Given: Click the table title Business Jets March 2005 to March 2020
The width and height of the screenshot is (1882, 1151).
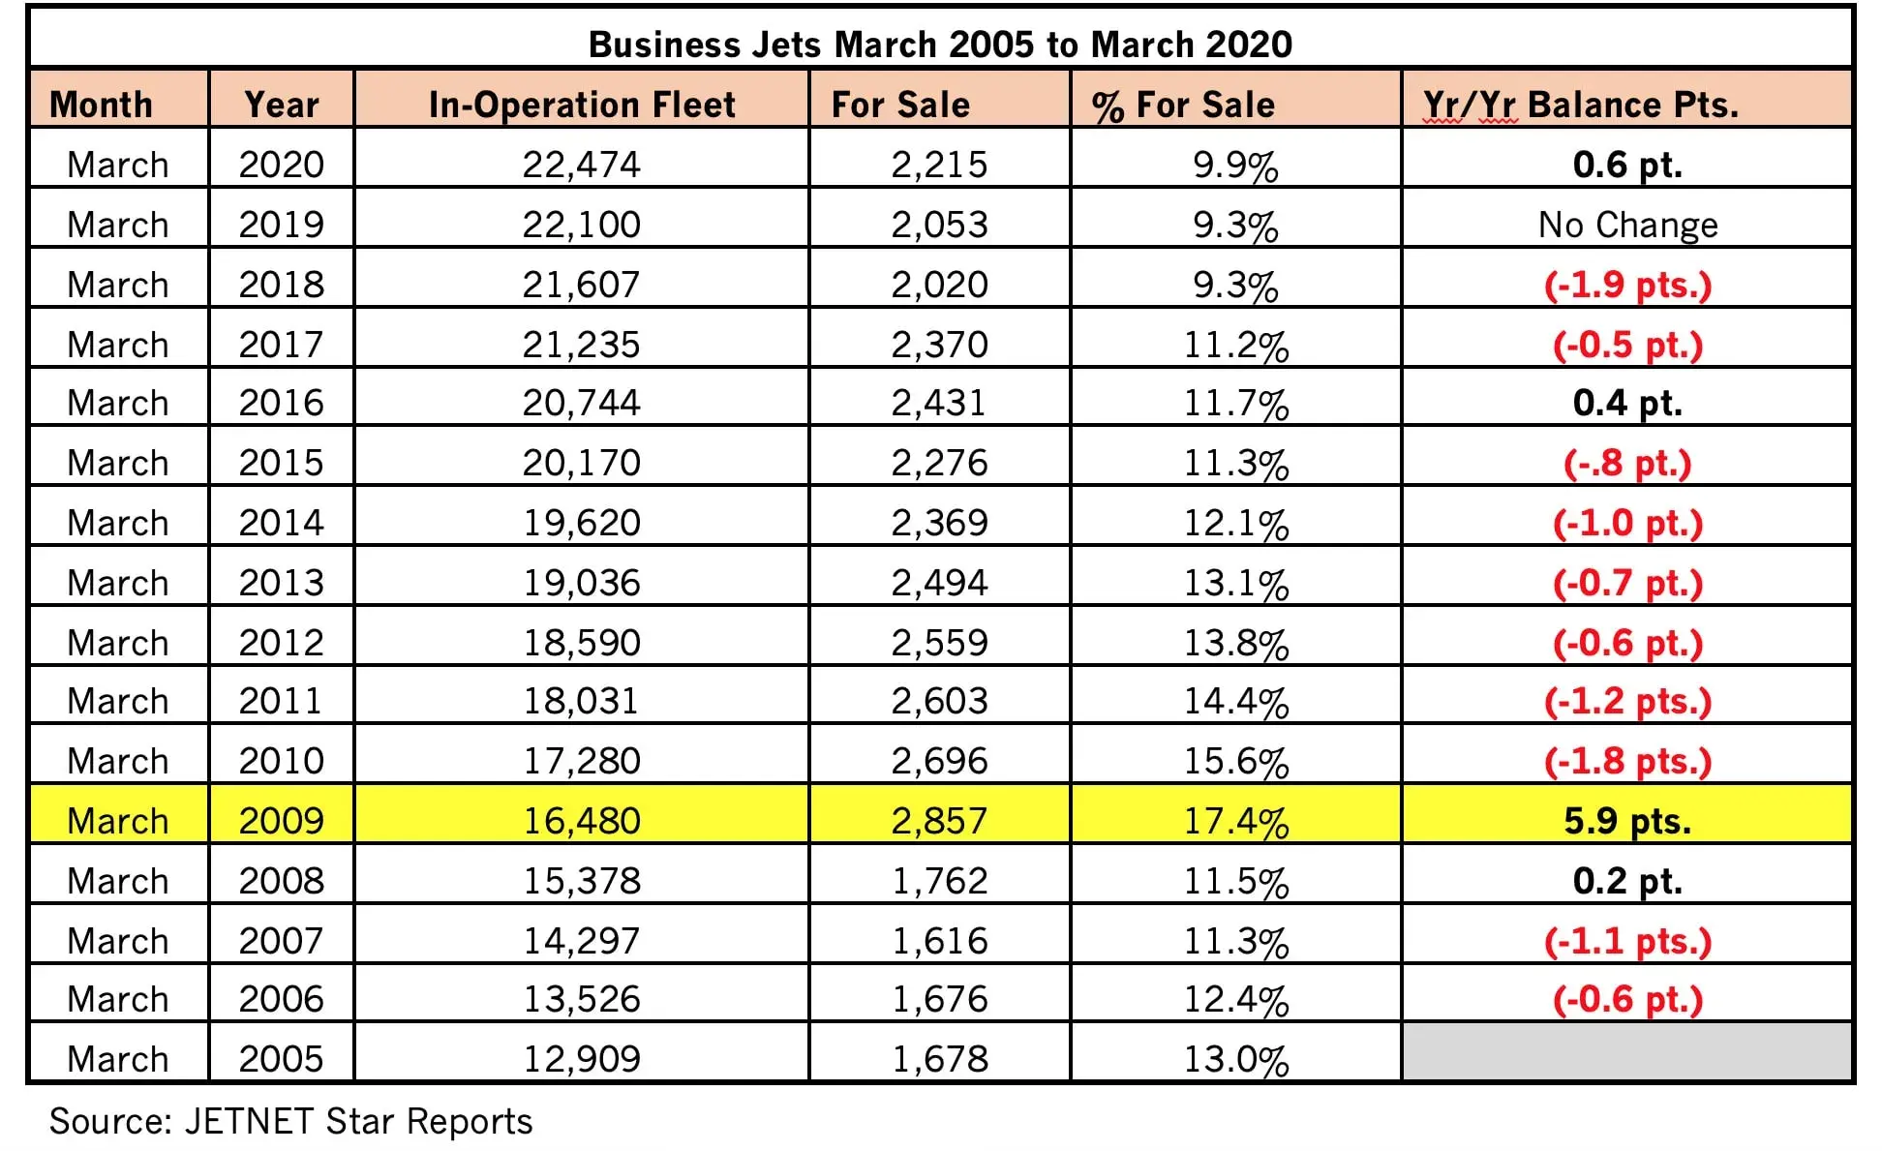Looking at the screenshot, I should coord(940,45).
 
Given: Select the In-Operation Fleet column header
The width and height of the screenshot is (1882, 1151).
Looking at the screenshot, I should coord(582,105).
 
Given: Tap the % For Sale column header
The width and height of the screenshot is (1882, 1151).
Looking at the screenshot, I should coord(1183,105).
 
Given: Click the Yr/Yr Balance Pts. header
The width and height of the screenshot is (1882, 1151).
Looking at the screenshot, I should coord(1580,105).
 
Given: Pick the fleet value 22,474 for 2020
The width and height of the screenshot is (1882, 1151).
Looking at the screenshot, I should coord(582,165).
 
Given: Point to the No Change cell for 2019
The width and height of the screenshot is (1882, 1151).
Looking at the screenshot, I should coord(1627,225).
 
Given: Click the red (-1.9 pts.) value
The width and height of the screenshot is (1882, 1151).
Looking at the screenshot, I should coord(1627,285).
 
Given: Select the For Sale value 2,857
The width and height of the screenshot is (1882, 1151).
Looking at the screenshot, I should coord(939,821).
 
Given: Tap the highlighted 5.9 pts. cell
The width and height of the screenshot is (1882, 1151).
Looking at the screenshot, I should coord(1627,821).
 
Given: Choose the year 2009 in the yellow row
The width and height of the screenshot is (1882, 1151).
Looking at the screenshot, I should coord(281,821).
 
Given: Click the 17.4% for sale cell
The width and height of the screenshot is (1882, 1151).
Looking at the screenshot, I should coord(1236,821).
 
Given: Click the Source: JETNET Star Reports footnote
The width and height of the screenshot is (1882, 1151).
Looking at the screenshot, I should coord(290,1121).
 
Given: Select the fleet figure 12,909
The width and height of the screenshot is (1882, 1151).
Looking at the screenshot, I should coord(582,1058).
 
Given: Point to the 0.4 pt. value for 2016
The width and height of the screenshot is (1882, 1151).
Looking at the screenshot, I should coord(1627,403).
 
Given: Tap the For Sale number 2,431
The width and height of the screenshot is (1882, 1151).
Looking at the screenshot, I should coord(939,403).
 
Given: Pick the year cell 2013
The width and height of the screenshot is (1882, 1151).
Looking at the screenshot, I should coord(281,583).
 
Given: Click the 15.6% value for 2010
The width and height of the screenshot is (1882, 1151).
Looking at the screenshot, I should coord(1236,761).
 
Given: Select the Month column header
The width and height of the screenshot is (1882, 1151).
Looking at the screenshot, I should coord(101,105).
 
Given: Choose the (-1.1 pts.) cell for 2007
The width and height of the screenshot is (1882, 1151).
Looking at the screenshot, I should coord(1627,941).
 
